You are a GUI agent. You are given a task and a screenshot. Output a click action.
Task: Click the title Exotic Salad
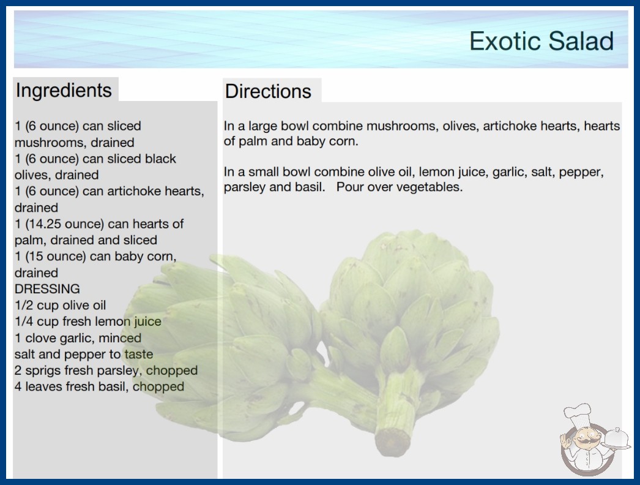(541, 41)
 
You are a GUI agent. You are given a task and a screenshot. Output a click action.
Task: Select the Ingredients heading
(64, 91)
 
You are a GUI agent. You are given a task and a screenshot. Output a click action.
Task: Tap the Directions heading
(268, 91)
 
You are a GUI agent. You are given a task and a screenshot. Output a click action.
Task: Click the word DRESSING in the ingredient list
(47, 289)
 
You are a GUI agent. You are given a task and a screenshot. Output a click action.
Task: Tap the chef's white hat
(578, 413)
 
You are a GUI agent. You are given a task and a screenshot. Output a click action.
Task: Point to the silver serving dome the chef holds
(616, 438)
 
